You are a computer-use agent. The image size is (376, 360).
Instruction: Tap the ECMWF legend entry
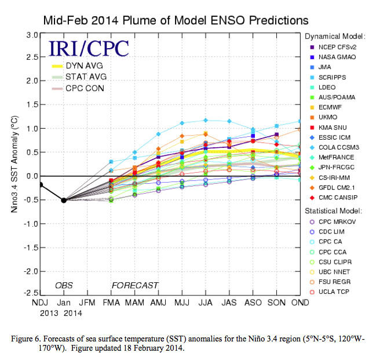tap(328, 107)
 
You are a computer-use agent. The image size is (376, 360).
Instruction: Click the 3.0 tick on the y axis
tap(32, 35)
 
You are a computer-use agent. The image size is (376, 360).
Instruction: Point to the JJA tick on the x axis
tap(205, 303)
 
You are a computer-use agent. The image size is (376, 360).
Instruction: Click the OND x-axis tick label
tap(300, 303)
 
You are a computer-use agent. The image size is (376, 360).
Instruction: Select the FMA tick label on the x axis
tap(111, 303)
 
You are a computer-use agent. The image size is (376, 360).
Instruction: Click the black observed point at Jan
tap(63, 200)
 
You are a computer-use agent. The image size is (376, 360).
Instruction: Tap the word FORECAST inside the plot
tap(135, 285)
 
